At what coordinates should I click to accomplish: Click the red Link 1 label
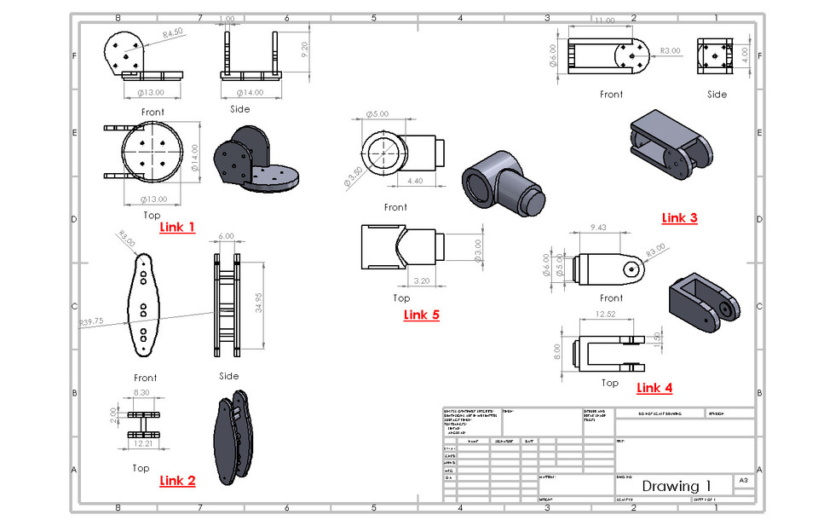coord(177,228)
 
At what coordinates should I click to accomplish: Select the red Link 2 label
coord(177,481)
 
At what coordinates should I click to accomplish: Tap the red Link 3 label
coord(679,218)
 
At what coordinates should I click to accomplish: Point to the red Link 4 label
coord(654,389)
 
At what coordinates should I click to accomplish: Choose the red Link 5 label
coord(421,315)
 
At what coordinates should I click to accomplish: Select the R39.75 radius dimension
coord(91,323)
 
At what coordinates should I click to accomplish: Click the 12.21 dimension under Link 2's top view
coord(144,444)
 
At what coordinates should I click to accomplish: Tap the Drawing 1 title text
coord(676,487)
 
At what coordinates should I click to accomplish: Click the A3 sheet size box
coord(744,482)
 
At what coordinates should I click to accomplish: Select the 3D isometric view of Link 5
coord(503,179)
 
